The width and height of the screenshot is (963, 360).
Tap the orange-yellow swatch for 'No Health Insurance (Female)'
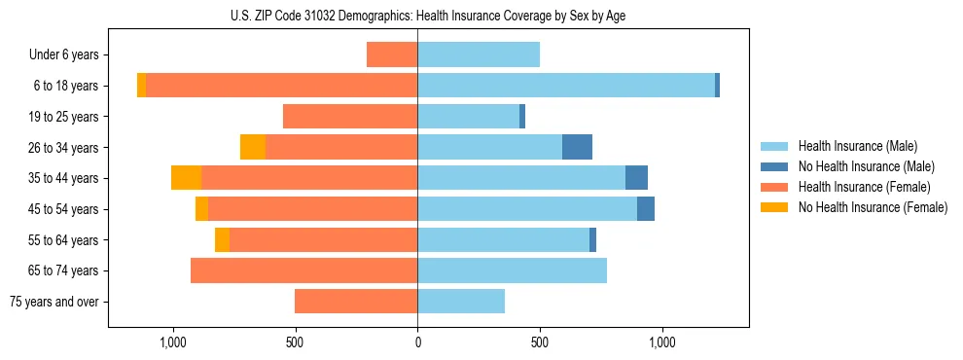click(x=774, y=207)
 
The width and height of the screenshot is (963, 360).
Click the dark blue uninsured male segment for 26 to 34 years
click(x=577, y=147)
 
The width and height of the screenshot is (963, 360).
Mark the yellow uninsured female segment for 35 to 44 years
click(x=186, y=178)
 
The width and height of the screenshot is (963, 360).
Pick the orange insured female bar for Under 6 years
click(x=392, y=54)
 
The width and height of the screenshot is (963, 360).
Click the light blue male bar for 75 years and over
click(x=461, y=302)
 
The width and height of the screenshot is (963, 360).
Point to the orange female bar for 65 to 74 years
click(x=303, y=270)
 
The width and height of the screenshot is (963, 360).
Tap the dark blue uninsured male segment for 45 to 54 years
click(x=646, y=209)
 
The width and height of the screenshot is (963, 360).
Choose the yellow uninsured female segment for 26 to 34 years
click(x=253, y=147)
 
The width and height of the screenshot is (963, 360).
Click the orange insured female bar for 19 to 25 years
click(x=350, y=117)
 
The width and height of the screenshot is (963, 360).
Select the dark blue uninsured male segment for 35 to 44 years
click(x=636, y=178)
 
